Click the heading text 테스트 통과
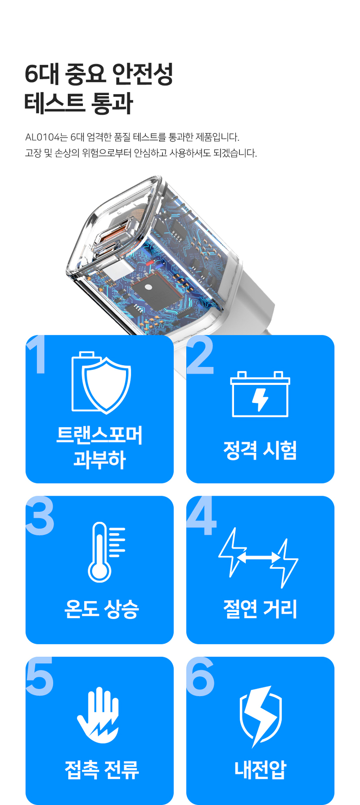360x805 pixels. pyautogui.click(x=79, y=103)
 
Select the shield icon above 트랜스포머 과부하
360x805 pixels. pyautogui.click(x=106, y=385)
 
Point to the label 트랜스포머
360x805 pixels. pyautogui.click(x=99, y=435)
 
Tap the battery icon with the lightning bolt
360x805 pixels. pyautogui.click(x=260, y=394)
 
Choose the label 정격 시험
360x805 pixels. pyautogui.click(x=260, y=450)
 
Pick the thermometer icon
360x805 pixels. pyautogui.click(x=106, y=552)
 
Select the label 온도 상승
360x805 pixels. pyautogui.click(x=101, y=610)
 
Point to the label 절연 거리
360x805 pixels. pyautogui.click(x=260, y=609)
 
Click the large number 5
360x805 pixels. pyautogui.click(x=40, y=677)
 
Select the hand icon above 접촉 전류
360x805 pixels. pyautogui.click(x=98, y=715)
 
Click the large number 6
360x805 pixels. pyautogui.click(x=201, y=677)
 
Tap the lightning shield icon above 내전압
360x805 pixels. pyautogui.click(x=261, y=717)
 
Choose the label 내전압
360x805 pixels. pyautogui.click(x=260, y=769)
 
